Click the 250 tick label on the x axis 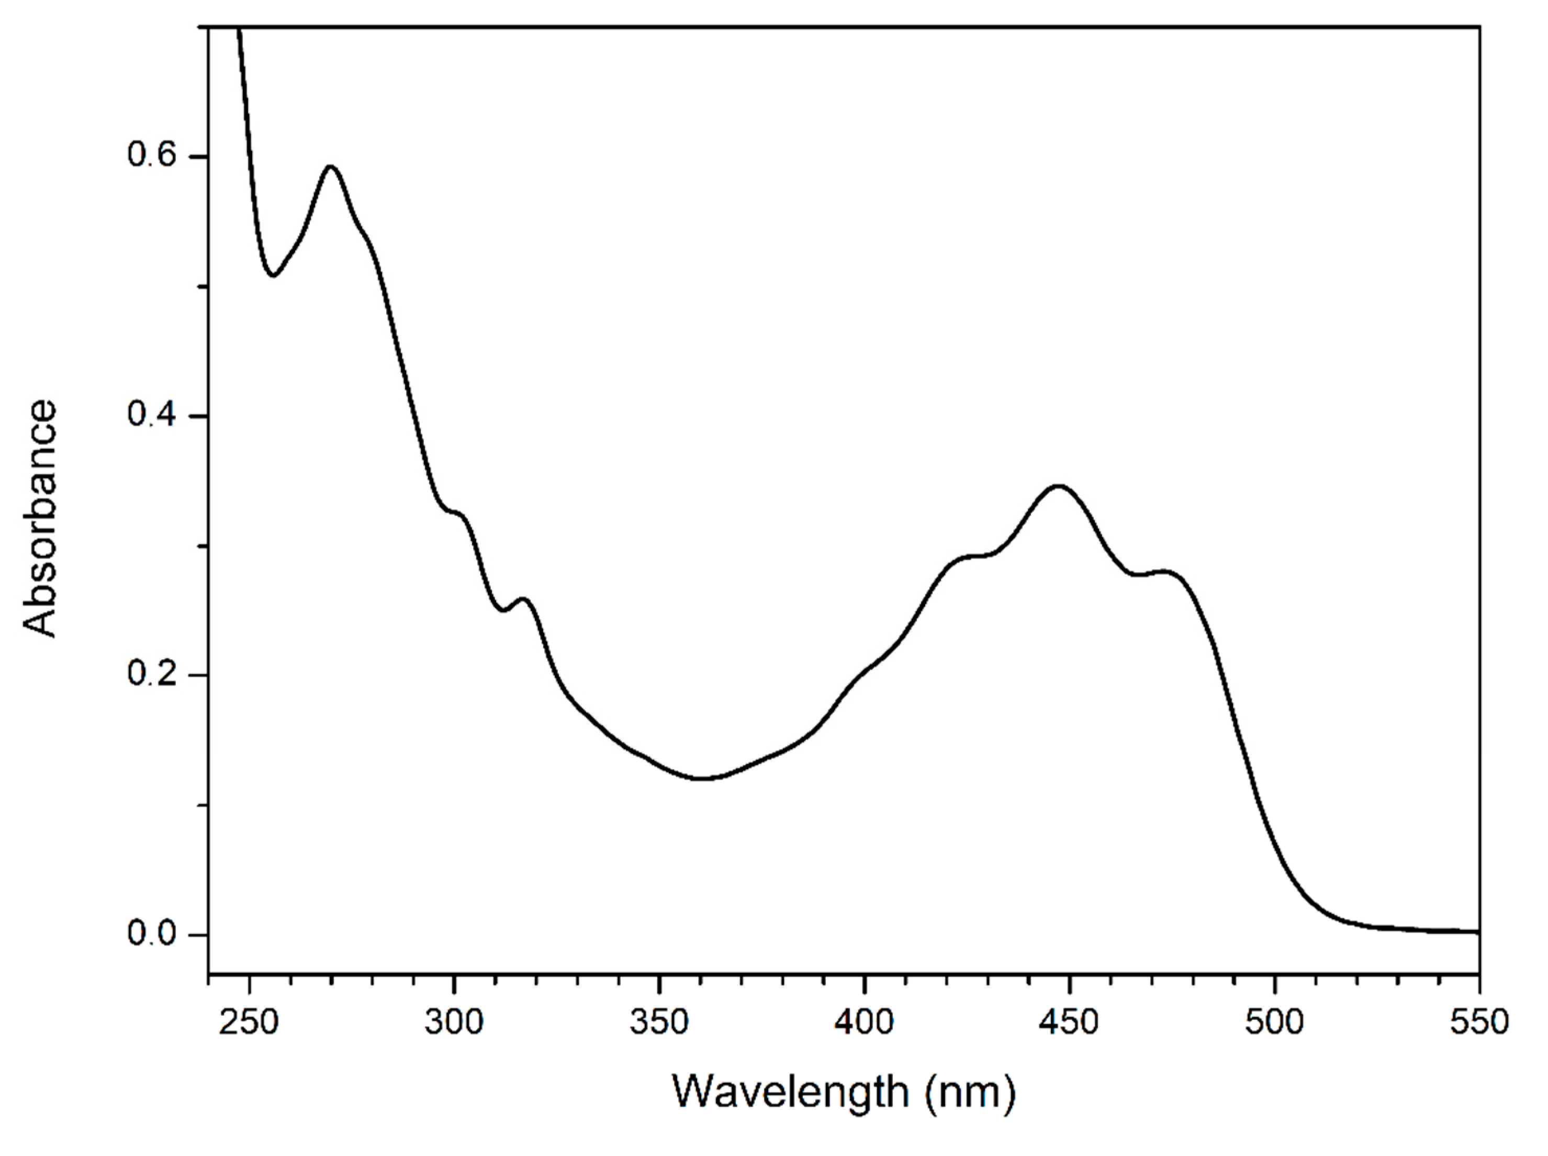tap(249, 1022)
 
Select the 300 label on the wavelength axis tap(454, 1022)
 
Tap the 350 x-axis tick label tap(659, 1022)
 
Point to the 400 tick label tap(865, 1022)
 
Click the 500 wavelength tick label tap(1274, 1022)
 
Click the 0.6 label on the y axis tap(151, 155)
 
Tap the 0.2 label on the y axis tap(151, 674)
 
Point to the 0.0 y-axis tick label tap(151, 934)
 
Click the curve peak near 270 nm tap(331, 166)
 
